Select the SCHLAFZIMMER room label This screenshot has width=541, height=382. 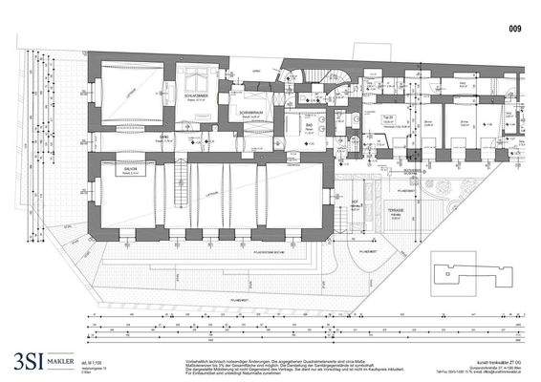click(197, 110)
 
